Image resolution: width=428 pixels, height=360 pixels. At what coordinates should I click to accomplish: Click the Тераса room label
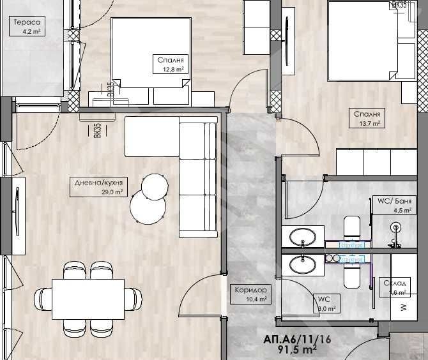[x=26, y=21]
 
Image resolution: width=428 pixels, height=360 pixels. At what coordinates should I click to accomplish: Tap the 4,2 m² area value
[x=33, y=30]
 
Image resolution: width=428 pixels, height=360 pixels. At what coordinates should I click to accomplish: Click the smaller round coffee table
[x=155, y=186]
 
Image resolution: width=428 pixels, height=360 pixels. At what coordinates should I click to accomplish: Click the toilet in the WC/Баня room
[x=352, y=229]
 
